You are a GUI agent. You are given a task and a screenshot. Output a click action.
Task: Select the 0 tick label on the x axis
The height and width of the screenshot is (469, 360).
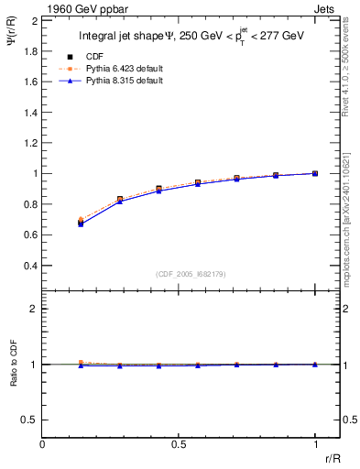pyautogui.click(x=43, y=444)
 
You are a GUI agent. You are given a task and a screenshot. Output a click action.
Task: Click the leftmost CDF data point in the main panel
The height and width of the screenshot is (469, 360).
pyautogui.click(x=81, y=222)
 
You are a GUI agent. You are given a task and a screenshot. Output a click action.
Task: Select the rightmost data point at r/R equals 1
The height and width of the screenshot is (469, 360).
pyautogui.click(x=315, y=173)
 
